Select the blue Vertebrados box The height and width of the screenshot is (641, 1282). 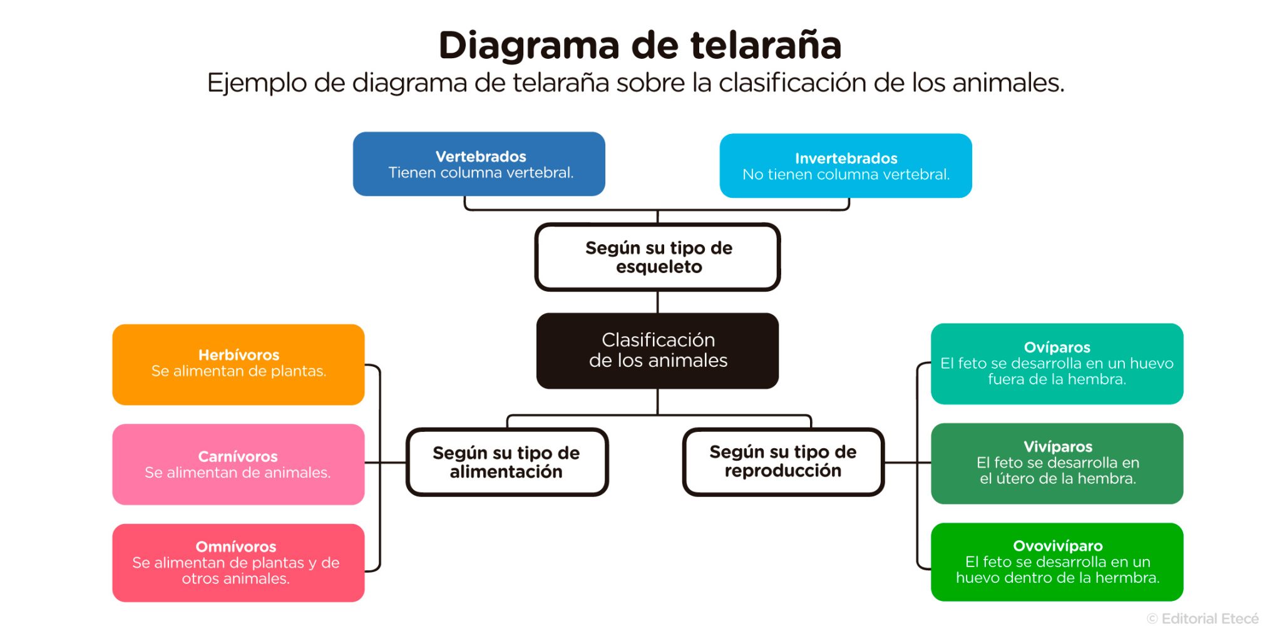tap(479, 164)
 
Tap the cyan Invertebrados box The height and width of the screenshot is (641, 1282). tap(846, 166)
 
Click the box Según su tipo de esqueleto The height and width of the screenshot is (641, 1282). tap(657, 257)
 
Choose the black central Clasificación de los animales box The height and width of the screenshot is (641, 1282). tap(657, 351)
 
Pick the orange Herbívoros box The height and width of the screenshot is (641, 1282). tap(238, 364)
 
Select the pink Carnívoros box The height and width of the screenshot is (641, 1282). tap(238, 464)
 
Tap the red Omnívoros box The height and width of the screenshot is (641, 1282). tap(238, 563)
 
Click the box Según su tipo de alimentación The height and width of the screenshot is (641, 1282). tap(507, 462)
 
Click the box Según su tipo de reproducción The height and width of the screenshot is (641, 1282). tap(783, 461)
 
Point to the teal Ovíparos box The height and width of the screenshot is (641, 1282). tap(1057, 364)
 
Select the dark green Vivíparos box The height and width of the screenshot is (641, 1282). tap(1057, 463)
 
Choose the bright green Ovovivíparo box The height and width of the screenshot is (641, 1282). tap(1057, 562)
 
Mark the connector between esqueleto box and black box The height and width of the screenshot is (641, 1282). tap(657, 302)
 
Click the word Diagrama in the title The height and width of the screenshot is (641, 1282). tap(529, 46)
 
